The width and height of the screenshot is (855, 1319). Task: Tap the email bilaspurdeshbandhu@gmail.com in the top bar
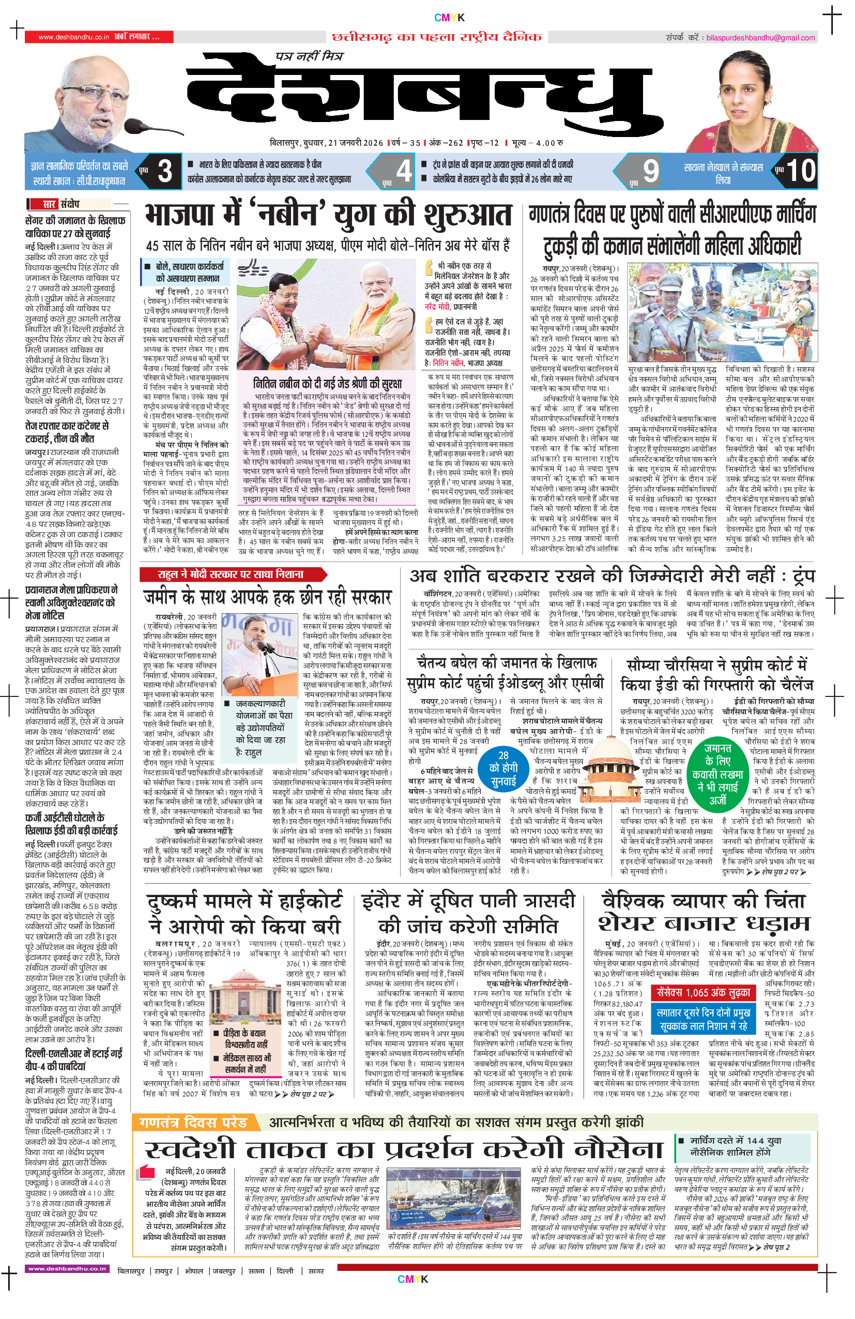(760, 38)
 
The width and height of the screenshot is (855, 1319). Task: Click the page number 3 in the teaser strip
(164, 171)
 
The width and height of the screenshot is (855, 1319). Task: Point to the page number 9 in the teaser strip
(650, 171)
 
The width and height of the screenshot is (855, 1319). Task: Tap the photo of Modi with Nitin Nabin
(326, 314)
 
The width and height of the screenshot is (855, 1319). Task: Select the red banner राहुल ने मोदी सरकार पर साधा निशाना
(232, 574)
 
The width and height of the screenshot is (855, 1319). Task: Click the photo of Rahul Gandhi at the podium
(259, 655)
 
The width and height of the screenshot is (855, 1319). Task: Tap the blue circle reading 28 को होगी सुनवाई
(503, 768)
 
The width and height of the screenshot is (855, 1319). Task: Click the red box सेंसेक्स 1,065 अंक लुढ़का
(703, 993)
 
